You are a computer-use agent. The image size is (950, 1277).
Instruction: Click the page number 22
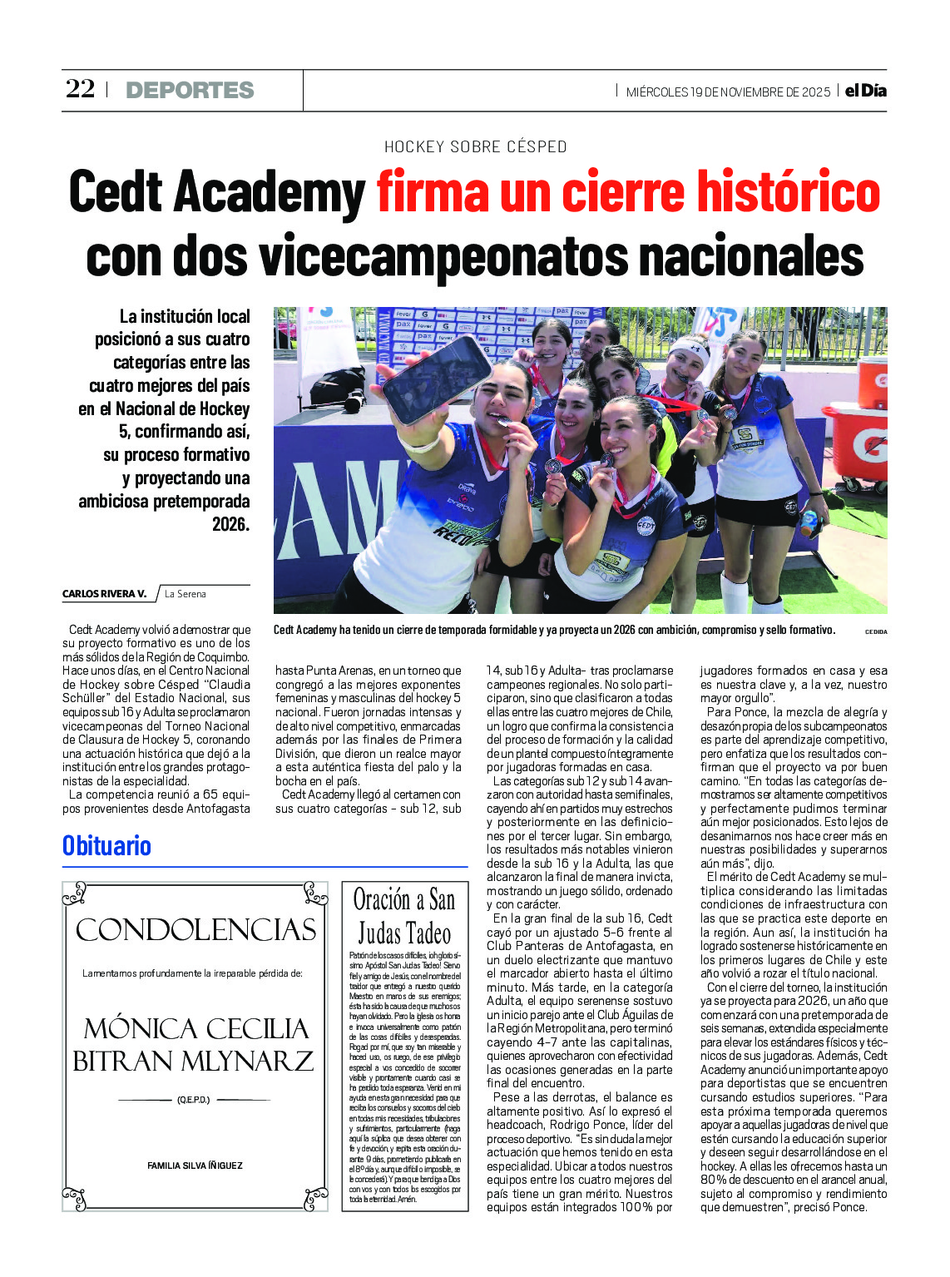point(81,89)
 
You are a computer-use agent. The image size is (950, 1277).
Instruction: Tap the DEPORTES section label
point(190,90)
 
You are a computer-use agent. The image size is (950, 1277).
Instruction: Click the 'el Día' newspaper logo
point(865,91)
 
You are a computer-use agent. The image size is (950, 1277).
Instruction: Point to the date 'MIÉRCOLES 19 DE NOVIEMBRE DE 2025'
point(728,92)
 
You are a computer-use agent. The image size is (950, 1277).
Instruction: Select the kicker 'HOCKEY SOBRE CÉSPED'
point(475,147)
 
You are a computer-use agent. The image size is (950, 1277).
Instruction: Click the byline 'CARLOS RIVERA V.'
point(104,594)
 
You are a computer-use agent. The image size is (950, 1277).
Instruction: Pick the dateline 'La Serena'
point(185,594)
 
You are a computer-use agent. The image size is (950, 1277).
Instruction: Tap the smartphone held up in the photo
point(435,379)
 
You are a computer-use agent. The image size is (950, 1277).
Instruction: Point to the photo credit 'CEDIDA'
point(875,632)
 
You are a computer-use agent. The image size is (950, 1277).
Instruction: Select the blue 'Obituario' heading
point(106,846)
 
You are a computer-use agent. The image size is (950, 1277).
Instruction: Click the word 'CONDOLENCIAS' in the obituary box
point(196,930)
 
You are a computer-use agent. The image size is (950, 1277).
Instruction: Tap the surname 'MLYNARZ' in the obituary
point(253,1061)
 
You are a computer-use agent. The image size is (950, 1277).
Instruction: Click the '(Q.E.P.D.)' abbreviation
point(193,1100)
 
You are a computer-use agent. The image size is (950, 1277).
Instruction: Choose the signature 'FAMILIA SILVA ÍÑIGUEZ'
point(195,1166)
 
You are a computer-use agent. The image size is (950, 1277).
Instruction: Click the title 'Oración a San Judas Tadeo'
point(404,916)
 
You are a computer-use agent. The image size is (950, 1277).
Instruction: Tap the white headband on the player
point(690,346)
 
